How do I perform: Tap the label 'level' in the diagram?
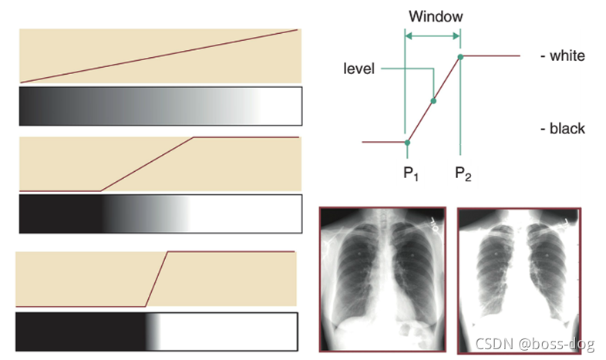pyautogui.click(x=359, y=69)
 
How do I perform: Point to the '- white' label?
pyautogui.click(x=564, y=56)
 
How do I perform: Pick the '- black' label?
pyautogui.click(x=564, y=128)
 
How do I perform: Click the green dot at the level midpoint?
pyautogui.click(x=433, y=101)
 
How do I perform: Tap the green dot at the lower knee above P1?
pyautogui.click(x=407, y=142)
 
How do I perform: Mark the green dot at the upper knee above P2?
pyautogui.click(x=460, y=56)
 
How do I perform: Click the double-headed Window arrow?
pyautogui.click(x=433, y=35)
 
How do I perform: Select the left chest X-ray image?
pyautogui.click(x=383, y=279)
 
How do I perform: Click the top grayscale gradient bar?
pyautogui.click(x=160, y=106)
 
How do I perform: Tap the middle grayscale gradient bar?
pyautogui.click(x=160, y=213)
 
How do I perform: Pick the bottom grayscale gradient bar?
pyautogui.click(x=157, y=331)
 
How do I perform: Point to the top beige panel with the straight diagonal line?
pyautogui.click(x=160, y=56)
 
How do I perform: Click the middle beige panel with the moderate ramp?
pyautogui.click(x=160, y=163)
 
